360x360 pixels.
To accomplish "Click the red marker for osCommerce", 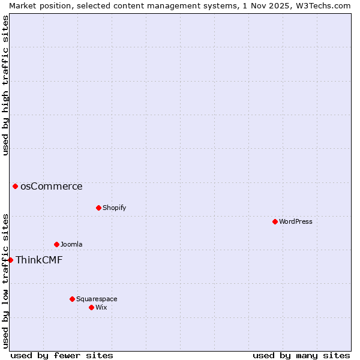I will tap(15, 186).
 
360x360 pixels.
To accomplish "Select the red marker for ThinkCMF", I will tap(10, 260).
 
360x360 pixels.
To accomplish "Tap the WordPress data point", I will tap(275, 221).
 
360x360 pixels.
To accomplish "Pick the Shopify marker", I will tap(98, 208).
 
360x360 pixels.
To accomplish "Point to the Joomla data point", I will tap(56, 244).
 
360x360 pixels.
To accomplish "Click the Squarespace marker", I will tap(72, 299).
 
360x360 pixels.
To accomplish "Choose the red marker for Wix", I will tap(91, 307).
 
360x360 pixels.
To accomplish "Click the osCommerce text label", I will tap(52, 186).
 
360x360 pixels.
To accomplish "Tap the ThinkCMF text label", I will tap(39, 260).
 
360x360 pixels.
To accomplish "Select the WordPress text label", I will tap(296, 221).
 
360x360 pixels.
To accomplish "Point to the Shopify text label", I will tap(115, 208).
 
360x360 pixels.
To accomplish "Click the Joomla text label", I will tap(71, 244).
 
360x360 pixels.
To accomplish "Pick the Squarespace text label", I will tap(97, 299).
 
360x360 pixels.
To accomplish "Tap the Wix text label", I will tap(101, 307).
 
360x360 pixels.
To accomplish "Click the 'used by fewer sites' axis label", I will tap(62, 355).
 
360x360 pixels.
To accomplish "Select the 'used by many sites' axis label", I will tap(301, 355).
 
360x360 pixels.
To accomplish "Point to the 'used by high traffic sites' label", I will tap(5, 85).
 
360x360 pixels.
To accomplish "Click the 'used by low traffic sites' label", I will tap(5, 280).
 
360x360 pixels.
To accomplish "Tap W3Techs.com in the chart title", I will tap(323, 5).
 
